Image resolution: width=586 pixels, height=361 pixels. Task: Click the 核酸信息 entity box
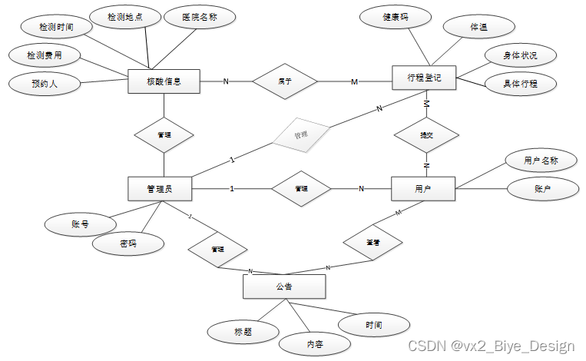[x=164, y=81]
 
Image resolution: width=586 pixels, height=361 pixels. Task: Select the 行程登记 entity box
[x=424, y=78]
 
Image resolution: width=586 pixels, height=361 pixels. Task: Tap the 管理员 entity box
[x=159, y=189]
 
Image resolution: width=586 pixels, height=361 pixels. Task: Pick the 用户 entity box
[x=422, y=189]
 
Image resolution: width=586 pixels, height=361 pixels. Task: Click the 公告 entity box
[x=284, y=287]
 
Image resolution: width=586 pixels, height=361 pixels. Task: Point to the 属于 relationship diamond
[x=285, y=81]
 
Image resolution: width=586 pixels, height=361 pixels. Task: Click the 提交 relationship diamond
[x=426, y=135]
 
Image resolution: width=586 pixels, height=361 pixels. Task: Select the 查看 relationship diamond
[x=372, y=241]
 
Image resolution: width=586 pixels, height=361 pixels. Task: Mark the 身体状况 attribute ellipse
[x=520, y=56]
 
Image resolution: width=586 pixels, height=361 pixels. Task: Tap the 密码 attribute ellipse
[x=128, y=243]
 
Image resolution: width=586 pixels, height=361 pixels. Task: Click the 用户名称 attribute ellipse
[x=541, y=161]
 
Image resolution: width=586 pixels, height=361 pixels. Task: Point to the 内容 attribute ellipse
[x=313, y=343]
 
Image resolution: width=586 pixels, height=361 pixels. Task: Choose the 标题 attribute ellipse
[x=243, y=332]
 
